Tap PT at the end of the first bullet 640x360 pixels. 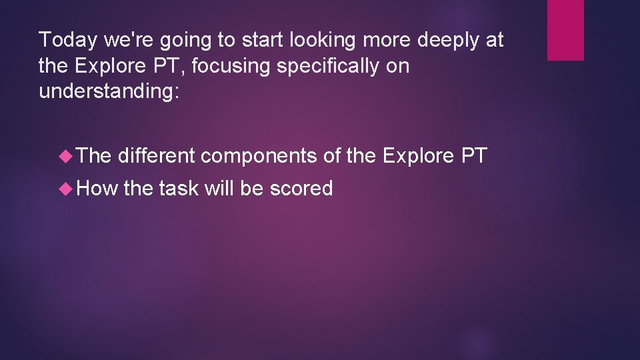[475, 156]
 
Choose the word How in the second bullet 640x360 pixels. [97, 189]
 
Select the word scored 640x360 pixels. [301, 189]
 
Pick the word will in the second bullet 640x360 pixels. [219, 189]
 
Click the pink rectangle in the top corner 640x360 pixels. [565, 30]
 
